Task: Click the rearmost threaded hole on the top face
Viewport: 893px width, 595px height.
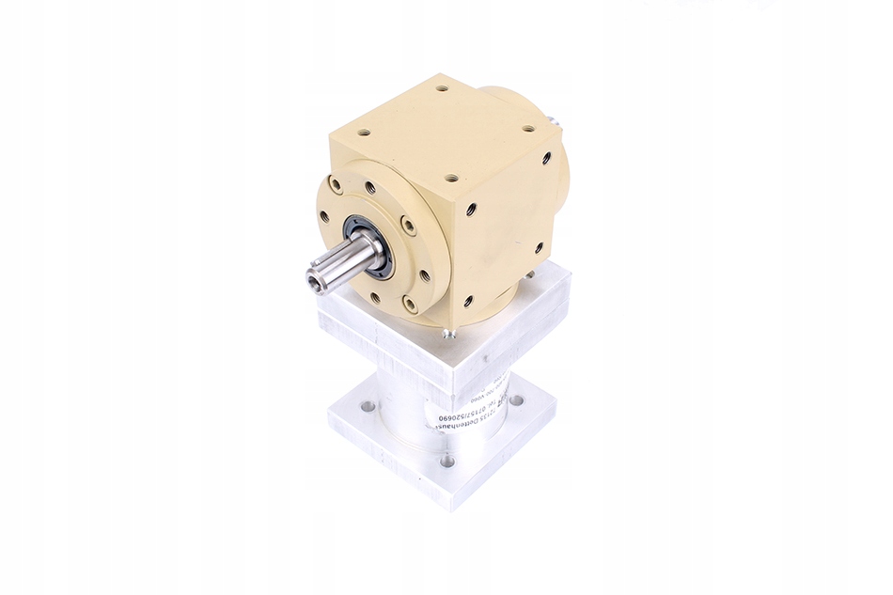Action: coord(441,91)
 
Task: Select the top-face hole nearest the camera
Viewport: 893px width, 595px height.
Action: coord(452,177)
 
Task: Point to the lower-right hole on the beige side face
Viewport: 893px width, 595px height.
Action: coord(539,248)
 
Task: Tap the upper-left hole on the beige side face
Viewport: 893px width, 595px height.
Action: coord(472,206)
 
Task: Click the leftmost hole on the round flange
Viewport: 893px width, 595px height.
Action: coord(325,216)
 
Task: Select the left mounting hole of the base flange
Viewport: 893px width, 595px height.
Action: coord(367,407)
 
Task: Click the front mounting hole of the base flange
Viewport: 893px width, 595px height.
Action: coord(447,461)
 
